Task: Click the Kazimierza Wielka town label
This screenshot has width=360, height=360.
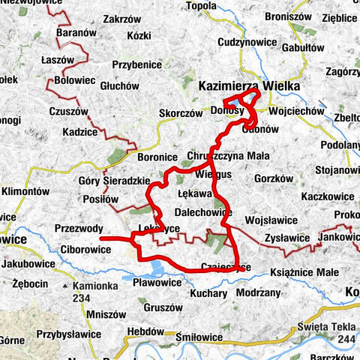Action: [249, 87]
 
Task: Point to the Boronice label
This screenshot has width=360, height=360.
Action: [157, 157]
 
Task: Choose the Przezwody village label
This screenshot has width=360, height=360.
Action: [78, 229]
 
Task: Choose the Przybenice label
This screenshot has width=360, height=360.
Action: [137, 64]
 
